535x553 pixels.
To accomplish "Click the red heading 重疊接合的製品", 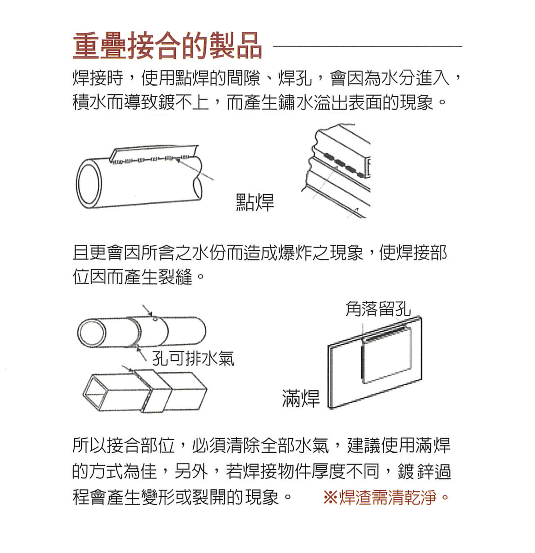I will (167, 47).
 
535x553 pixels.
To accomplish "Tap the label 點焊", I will (255, 202).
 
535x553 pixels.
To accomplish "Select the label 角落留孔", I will (378, 309).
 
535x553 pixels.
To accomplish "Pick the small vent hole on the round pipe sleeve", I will (155, 319).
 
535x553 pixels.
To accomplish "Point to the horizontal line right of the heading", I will (367, 47).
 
